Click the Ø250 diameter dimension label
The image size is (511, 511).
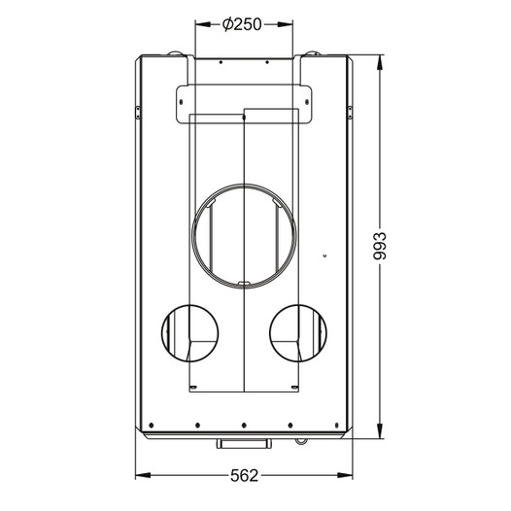[242, 24]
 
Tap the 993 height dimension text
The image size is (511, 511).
[379, 246]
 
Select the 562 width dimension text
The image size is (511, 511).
[244, 476]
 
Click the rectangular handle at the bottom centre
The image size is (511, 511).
[244, 443]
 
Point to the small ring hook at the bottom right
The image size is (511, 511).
[301, 441]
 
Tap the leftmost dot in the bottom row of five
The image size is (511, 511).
[151, 426]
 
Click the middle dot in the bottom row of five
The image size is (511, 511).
[244, 426]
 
